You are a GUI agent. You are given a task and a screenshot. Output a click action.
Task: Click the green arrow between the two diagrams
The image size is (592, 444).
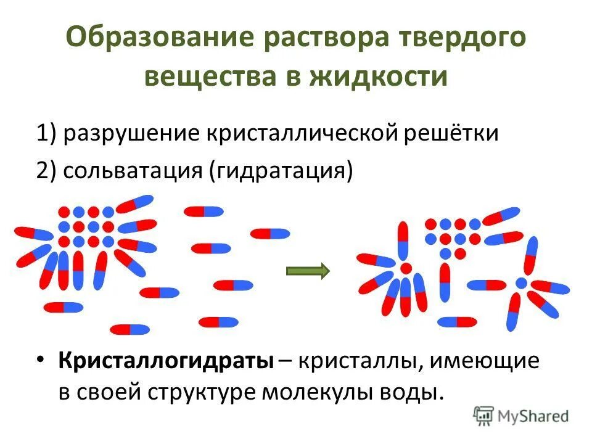(x=308, y=270)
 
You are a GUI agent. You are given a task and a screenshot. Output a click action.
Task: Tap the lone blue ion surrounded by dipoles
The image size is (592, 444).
(x=521, y=283)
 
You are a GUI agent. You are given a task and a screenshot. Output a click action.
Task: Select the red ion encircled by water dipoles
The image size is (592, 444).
(x=406, y=268)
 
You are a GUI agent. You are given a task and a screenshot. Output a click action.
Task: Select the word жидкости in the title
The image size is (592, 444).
(x=386, y=77)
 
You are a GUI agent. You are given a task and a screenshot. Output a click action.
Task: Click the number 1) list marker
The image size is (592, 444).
(x=46, y=133)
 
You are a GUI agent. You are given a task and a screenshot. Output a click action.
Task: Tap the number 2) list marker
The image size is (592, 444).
(x=46, y=170)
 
